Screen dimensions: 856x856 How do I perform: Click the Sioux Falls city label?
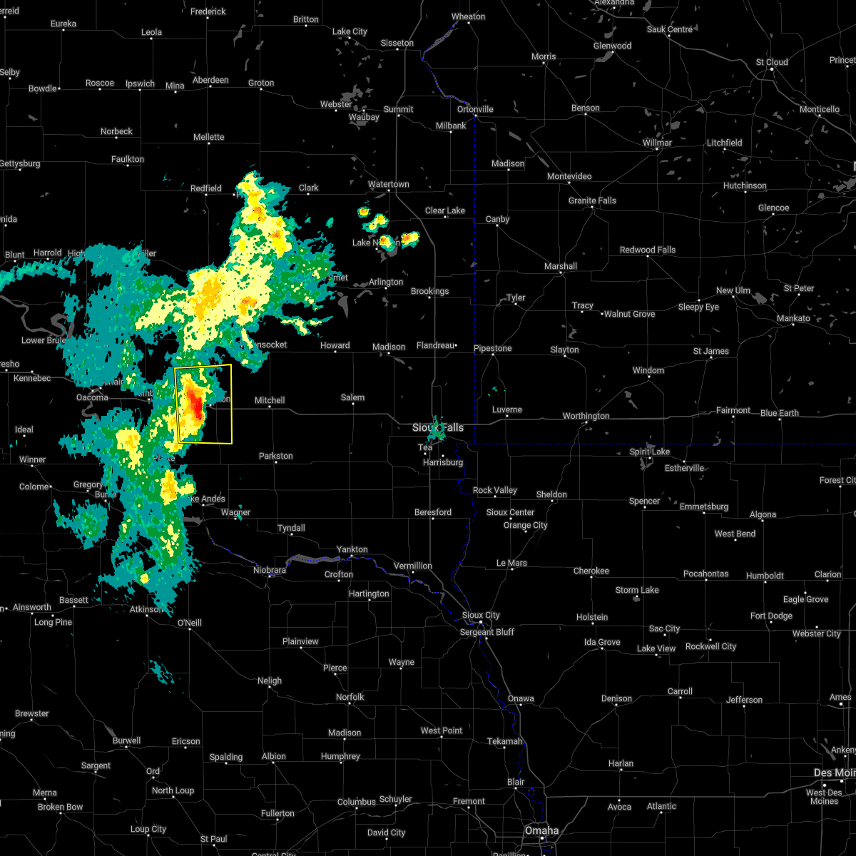[438, 427]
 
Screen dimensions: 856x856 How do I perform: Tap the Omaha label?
[541, 830]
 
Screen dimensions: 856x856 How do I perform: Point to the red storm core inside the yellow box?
[193, 403]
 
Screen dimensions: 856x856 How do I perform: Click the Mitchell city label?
[270, 400]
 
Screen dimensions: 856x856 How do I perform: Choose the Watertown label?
[388, 184]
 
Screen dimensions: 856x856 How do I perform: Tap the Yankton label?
[352, 549]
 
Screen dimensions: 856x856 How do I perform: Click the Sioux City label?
[481, 615]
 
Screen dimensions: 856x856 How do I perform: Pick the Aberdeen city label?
[210, 80]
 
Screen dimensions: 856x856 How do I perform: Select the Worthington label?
[586, 416]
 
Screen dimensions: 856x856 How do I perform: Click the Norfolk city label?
[350, 697]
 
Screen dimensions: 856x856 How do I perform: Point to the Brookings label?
[429, 291]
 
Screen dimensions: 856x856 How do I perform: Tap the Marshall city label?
[561, 266]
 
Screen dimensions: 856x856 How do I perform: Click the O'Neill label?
[189, 623]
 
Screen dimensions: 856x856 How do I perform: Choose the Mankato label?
[793, 318]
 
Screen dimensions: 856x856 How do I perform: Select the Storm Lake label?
[637, 590]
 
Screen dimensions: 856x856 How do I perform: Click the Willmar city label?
[656, 143]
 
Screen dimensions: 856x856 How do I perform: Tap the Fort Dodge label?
[771, 616]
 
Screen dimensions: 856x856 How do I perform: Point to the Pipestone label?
[493, 348]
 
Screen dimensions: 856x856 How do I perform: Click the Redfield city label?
[206, 188]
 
